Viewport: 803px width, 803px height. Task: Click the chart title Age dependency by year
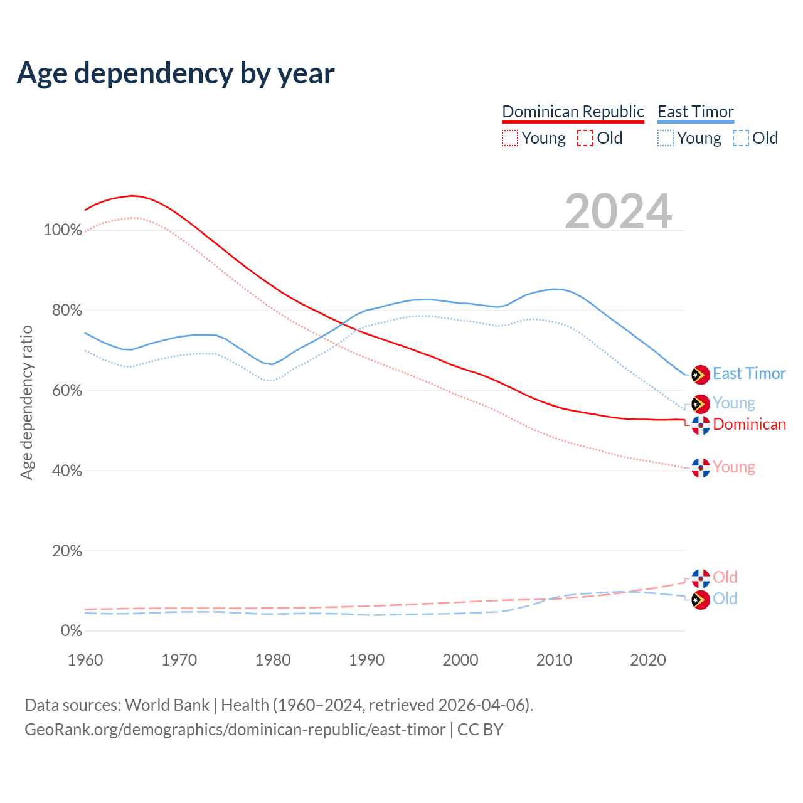coord(176,73)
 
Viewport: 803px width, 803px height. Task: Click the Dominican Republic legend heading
coord(573,112)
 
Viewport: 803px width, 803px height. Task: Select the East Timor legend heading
coord(695,112)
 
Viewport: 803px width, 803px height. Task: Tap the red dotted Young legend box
coord(510,138)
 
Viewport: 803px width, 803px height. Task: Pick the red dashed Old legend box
coord(585,138)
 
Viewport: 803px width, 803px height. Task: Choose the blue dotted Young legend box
coord(666,138)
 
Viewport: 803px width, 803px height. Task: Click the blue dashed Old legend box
coord(740,138)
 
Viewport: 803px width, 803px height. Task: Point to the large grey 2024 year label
coord(619,211)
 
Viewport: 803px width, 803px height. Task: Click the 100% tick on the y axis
coord(63,230)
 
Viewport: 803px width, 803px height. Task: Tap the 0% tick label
coord(71,631)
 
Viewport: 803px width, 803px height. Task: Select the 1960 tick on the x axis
coord(85,660)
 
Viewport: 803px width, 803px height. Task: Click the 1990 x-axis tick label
coord(367,660)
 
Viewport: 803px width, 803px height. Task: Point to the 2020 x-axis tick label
coord(648,660)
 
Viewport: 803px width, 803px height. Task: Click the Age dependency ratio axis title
coord(26,402)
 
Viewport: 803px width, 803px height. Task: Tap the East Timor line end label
coord(749,374)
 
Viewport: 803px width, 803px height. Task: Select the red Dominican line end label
coord(749,425)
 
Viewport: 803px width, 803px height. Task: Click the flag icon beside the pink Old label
coord(701,578)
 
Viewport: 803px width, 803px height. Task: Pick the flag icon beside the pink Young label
coord(701,467)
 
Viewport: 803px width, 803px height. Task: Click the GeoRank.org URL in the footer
coord(235,730)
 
